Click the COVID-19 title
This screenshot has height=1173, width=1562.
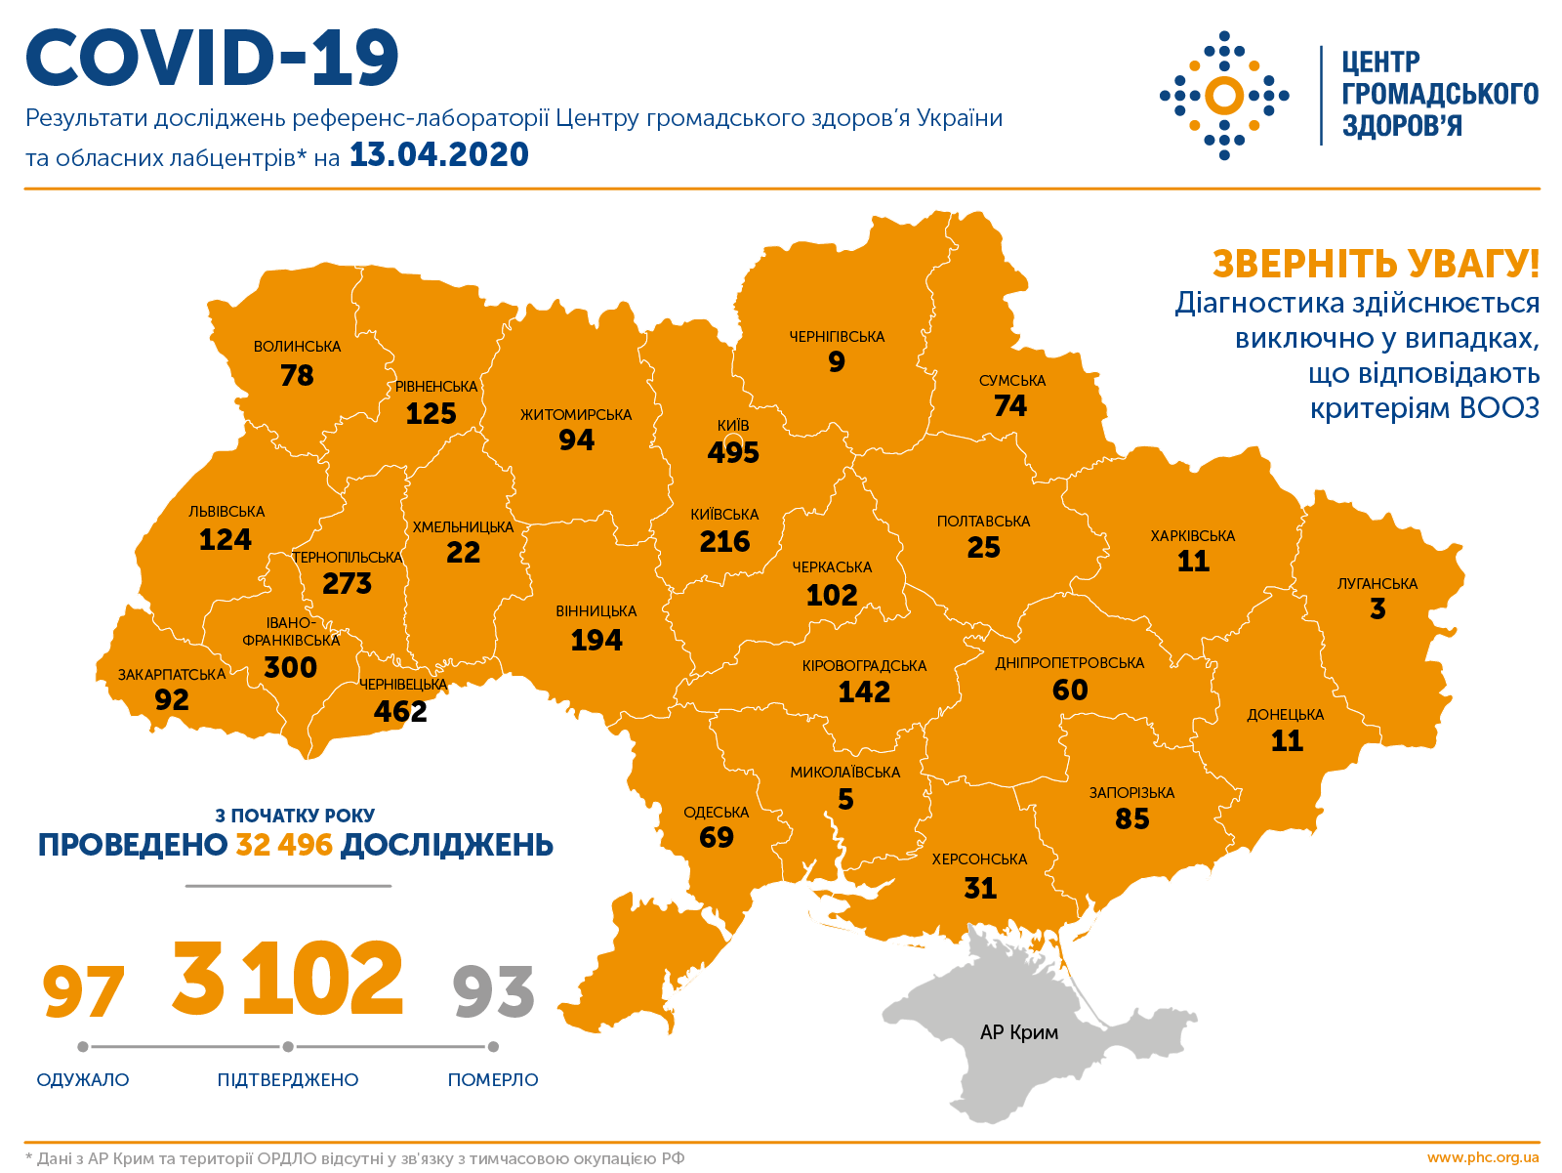point(213,59)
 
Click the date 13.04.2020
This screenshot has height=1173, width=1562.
point(438,155)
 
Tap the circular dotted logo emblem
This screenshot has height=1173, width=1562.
point(1224,96)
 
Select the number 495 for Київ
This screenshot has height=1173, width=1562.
point(733,453)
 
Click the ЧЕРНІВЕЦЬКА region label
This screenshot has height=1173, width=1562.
point(403,685)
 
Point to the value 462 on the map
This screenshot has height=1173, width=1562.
point(400,711)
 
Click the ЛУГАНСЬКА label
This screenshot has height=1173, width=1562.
point(1377,584)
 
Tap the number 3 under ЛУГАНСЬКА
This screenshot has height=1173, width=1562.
point(1377,609)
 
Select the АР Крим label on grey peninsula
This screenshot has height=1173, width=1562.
point(1018,1032)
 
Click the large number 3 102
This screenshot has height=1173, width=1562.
point(287,979)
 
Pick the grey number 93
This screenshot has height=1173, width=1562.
point(494,992)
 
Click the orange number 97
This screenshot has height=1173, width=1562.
point(83,992)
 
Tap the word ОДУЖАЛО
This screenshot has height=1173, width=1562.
point(83,1080)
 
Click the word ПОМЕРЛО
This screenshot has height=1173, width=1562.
point(493,1080)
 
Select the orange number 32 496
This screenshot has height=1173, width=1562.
point(284,845)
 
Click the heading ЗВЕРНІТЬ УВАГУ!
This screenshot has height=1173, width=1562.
point(1376,264)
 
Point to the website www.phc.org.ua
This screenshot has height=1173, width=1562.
point(1482,1158)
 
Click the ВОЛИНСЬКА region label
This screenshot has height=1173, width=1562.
point(297,347)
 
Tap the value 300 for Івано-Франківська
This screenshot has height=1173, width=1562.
point(290,668)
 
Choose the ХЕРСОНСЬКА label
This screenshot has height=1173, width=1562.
point(979,859)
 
